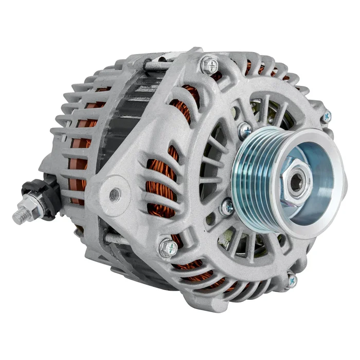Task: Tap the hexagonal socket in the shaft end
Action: [x=296, y=181]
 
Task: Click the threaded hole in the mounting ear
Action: [x=116, y=194]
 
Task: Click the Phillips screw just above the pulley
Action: [x=246, y=129]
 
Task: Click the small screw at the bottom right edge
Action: [x=292, y=280]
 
